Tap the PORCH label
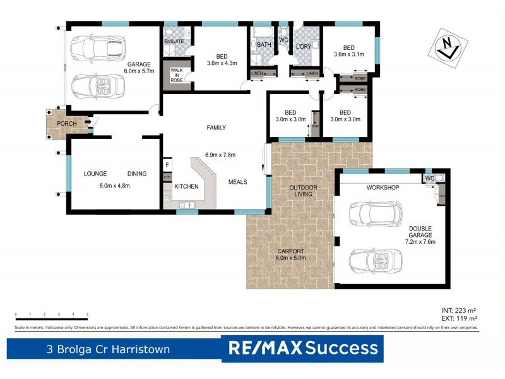(x=66, y=123)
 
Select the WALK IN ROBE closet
(x=176, y=75)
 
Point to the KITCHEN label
(x=186, y=186)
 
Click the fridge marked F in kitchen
(x=167, y=165)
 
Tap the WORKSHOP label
(x=383, y=188)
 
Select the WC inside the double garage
(x=430, y=178)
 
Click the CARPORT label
(x=290, y=251)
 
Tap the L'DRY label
(x=304, y=47)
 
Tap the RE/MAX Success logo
(x=302, y=348)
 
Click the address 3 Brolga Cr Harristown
(x=107, y=349)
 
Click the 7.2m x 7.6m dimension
(x=420, y=241)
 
